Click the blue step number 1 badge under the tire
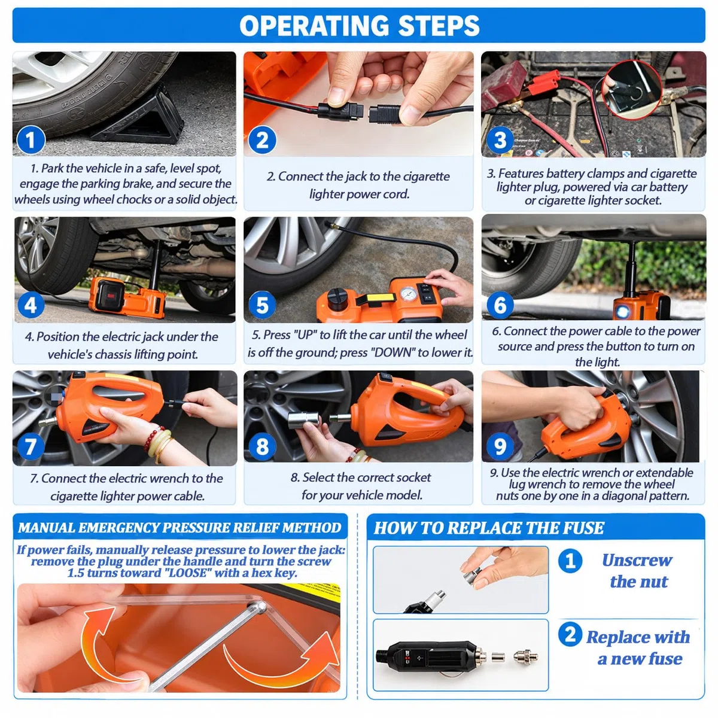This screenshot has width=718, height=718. click(31, 141)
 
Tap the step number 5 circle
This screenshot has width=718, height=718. click(262, 305)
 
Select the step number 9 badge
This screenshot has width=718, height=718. click(500, 446)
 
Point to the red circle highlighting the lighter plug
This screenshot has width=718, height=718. click(631, 89)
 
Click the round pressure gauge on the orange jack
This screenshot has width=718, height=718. click(409, 294)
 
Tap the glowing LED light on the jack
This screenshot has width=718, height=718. click(622, 312)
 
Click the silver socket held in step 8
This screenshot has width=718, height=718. click(303, 419)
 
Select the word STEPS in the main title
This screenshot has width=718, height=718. click(439, 26)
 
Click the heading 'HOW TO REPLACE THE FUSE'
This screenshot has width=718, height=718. click(488, 528)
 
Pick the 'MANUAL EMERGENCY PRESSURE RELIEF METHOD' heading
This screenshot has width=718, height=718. click(180, 528)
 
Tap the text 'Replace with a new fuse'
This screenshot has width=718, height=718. click(638, 647)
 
